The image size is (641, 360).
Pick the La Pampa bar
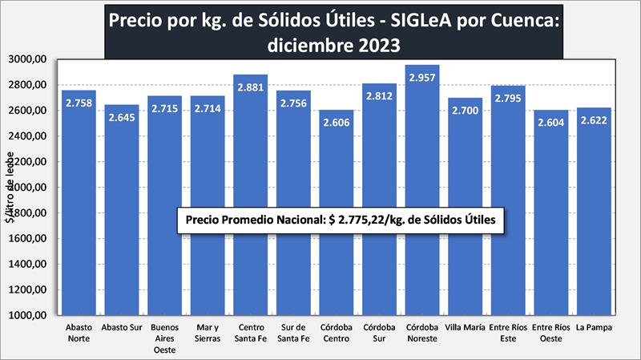[593, 265]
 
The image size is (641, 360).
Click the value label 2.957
[421, 79]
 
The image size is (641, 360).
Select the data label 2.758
[78, 103]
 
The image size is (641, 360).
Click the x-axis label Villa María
[465, 327]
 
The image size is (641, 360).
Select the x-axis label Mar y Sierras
[207, 333]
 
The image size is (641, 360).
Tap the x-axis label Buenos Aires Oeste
[164, 338]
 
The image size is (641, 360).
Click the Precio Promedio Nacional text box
[340, 219]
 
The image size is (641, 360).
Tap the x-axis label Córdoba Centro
[336, 333]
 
